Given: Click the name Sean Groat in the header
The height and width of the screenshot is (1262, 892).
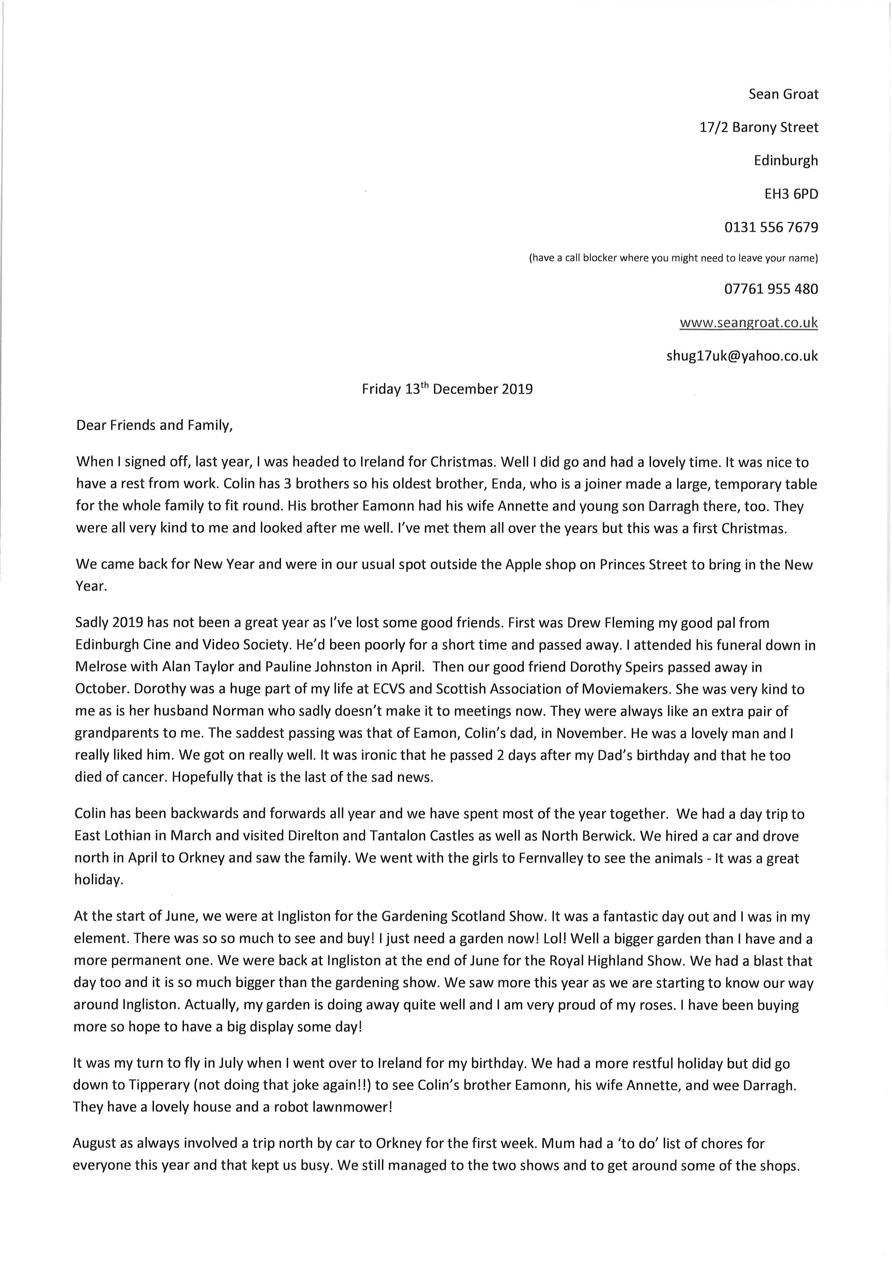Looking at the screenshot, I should (x=783, y=95).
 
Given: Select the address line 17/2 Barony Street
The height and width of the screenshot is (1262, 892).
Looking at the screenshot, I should (x=759, y=127).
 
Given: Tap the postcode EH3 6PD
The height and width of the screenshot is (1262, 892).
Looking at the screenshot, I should (x=791, y=194).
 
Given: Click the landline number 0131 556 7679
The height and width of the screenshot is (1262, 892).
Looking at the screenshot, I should (x=771, y=227).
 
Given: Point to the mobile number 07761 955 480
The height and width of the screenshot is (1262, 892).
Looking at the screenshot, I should (x=771, y=289).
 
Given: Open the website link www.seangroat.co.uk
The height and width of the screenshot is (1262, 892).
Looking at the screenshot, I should (x=748, y=323).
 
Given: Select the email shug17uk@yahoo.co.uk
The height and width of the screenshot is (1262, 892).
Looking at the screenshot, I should (x=742, y=356).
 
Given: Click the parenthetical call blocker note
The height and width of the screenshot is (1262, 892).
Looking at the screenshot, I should (x=673, y=258).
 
